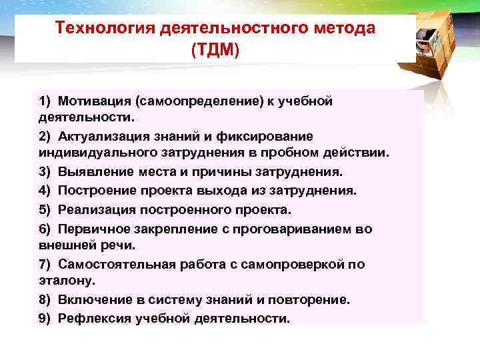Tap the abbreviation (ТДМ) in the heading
(x=215, y=51)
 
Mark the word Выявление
(x=92, y=171)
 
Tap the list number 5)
(x=45, y=210)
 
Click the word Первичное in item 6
(x=92, y=229)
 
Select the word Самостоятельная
(x=112, y=264)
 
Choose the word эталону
(x=65, y=281)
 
